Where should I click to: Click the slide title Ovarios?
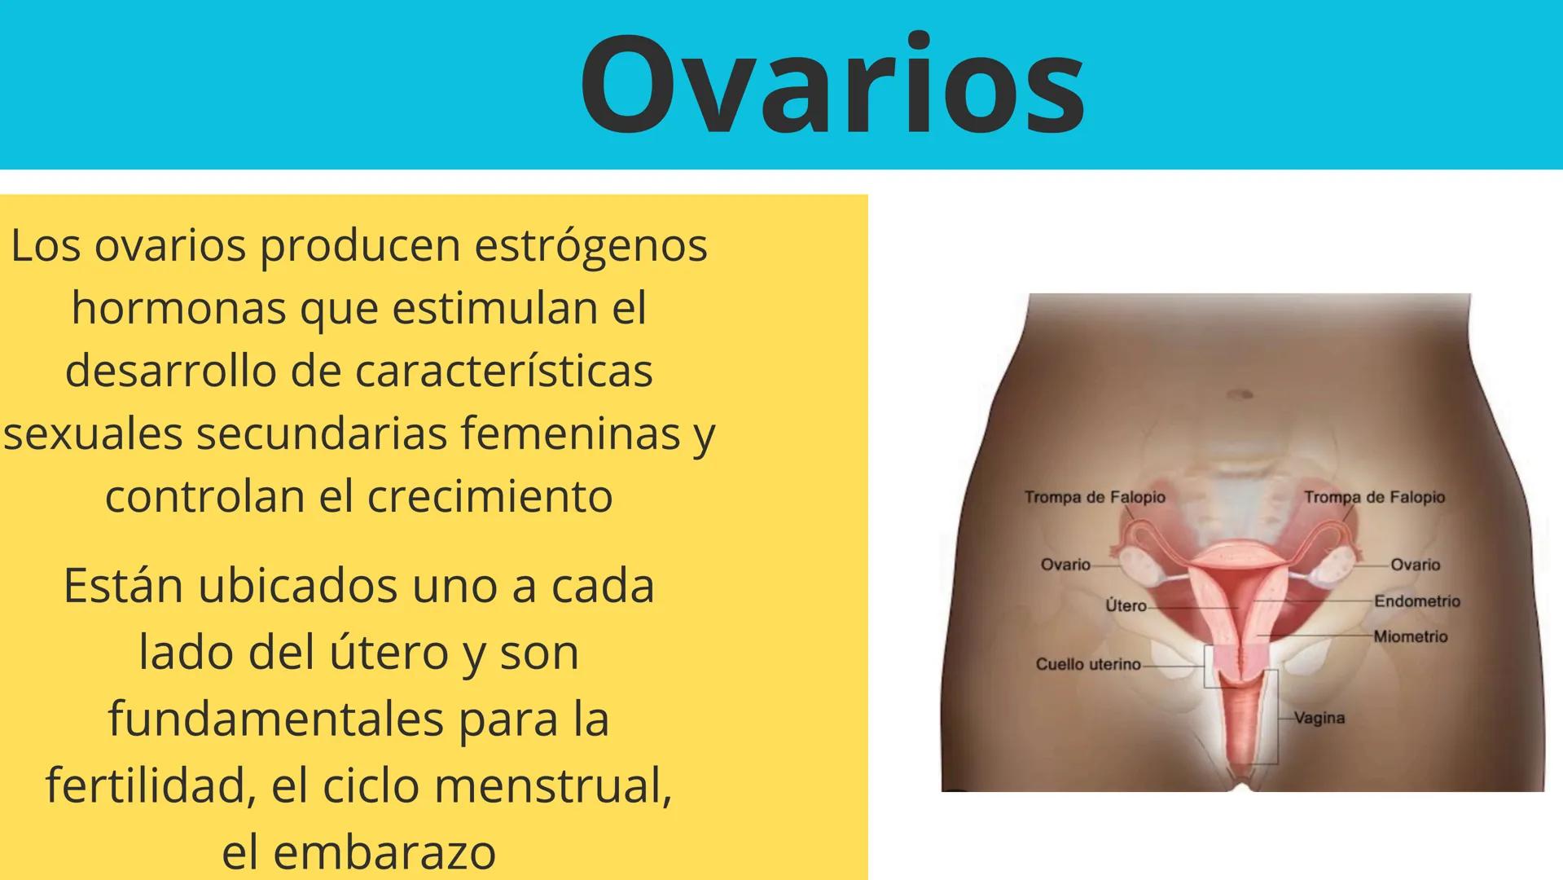(x=832, y=85)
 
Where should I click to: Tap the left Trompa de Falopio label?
(x=1095, y=497)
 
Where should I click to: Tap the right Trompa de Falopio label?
(x=1374, y=497)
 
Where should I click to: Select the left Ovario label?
(x=1065, y=565)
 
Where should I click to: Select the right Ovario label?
(x=1416, y=565)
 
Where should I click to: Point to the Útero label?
(x=1126, y=606)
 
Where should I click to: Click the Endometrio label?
(x=1417, y=601)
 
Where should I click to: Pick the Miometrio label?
(x=1411, y=636)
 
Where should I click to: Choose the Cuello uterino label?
(x=1088, y=664)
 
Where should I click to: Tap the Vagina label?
(x=1319, y=718)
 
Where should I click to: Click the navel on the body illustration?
(x=1240, y=394)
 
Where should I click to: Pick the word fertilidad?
(x=145, y=785)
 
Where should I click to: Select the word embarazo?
(x=384, y=852)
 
